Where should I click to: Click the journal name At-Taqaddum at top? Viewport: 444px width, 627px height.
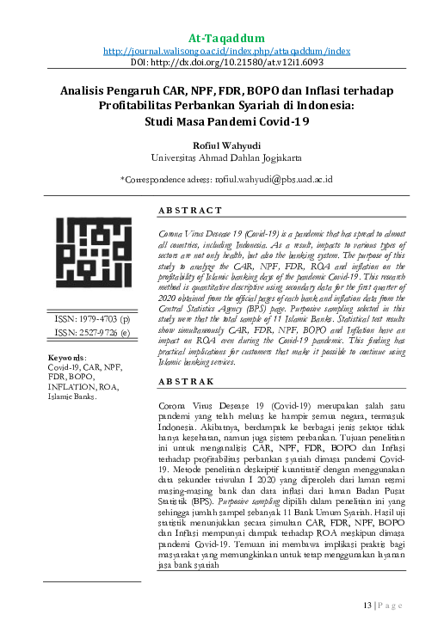(226, 38)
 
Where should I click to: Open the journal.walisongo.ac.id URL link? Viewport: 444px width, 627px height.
(226, 52)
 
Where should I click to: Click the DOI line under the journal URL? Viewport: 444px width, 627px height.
(226, 64)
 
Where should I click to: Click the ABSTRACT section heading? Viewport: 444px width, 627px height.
(190, 211)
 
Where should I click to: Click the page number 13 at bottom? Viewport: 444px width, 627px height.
(367, 605)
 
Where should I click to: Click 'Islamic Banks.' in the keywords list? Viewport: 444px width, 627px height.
(72, 421)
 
